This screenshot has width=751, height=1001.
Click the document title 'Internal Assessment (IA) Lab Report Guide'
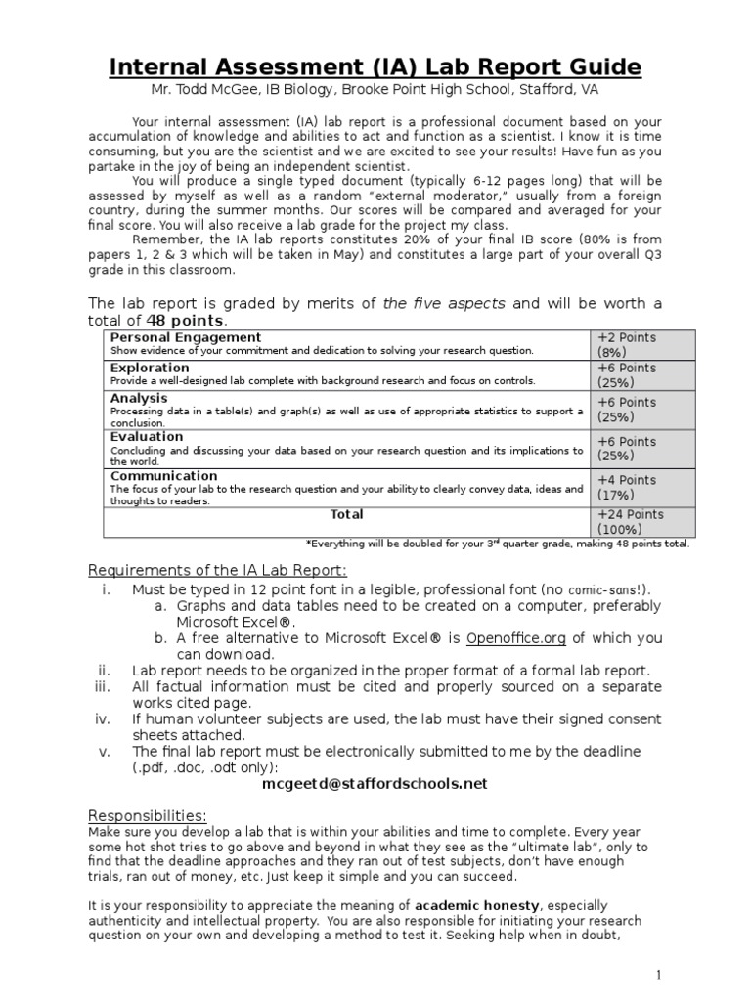375,66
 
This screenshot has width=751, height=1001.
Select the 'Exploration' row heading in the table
150,368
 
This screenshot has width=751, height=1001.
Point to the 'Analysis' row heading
139,398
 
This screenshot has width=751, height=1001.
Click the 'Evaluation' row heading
147,437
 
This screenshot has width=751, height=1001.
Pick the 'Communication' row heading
163,476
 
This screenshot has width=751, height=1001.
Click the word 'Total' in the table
347,514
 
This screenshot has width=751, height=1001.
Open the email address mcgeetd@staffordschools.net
375,783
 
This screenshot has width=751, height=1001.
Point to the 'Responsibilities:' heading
148,815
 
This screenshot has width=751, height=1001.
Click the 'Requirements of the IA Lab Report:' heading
217,570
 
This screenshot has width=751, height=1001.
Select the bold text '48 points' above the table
186,320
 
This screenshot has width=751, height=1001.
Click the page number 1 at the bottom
660,976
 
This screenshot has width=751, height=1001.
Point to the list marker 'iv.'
104,719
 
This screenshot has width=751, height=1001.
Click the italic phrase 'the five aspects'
444,303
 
